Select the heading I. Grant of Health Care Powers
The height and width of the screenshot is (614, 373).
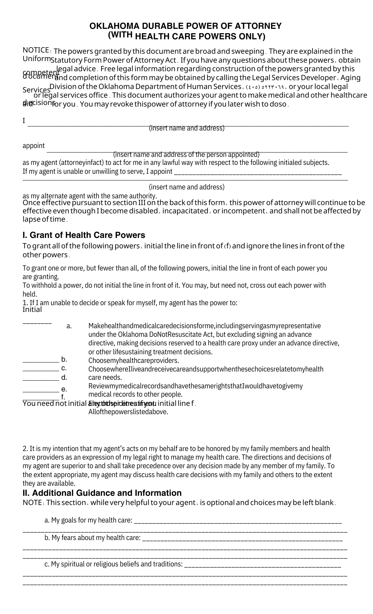(84, 235)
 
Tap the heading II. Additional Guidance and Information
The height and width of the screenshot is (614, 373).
(102, 493)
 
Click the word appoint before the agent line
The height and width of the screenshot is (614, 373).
(33, 146)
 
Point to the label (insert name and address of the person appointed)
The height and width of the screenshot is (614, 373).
(186, 154)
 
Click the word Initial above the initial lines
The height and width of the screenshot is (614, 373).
(32, 309)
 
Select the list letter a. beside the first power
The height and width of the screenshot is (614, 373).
(69, 326)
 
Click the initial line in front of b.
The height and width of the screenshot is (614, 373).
(41, 362)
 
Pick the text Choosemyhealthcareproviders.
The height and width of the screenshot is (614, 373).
(134, 360)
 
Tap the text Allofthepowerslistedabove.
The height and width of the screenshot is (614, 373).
(128, 412)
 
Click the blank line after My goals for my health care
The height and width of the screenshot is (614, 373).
(238, 522)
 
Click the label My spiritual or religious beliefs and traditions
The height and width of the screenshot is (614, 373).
(114, 564)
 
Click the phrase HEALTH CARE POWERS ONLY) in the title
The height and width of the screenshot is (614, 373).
(200, 37)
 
